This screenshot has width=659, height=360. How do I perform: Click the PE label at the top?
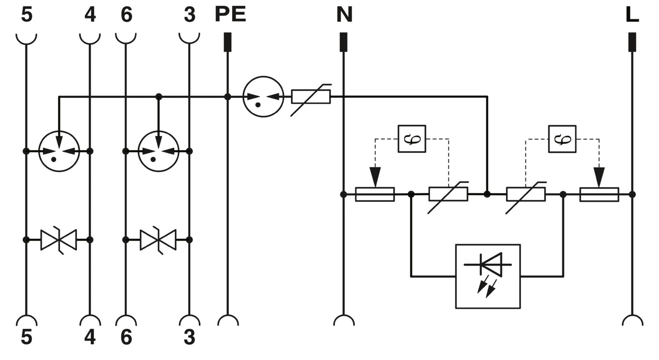tap(230, 14)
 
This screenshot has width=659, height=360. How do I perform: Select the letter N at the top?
tap(344, 14)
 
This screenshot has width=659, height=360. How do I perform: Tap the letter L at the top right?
tap(632, 14)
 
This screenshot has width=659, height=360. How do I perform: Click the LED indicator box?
tap(488, 276)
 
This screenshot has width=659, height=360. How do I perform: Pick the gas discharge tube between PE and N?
tap(263, 97)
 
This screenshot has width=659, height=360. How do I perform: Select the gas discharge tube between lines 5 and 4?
tap(59, 151)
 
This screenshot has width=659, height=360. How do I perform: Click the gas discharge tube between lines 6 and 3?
tap(159, 151)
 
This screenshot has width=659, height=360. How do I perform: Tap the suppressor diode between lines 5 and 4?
tap(58, 240)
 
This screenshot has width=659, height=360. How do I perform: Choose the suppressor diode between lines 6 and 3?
tap(158, 240)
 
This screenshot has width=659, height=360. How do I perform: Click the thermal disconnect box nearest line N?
tap(412, 139)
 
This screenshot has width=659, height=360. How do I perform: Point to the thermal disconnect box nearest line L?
tap(562, 139)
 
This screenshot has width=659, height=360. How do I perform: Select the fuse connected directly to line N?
tap(375, 194)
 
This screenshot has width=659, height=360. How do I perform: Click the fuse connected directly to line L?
tap(599, 194)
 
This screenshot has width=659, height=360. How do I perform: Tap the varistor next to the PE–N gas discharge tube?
tap(311, 97)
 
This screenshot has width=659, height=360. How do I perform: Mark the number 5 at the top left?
tap(26, 14)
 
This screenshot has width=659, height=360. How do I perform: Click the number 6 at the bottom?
tap(127, 337)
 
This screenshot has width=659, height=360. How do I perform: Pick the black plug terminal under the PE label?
tap(228, 42)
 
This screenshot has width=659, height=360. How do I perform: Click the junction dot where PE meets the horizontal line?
tap(228, 97)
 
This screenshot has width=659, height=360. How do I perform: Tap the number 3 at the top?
tap(190, 14)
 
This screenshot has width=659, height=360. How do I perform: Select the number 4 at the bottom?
tap(90, 337)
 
